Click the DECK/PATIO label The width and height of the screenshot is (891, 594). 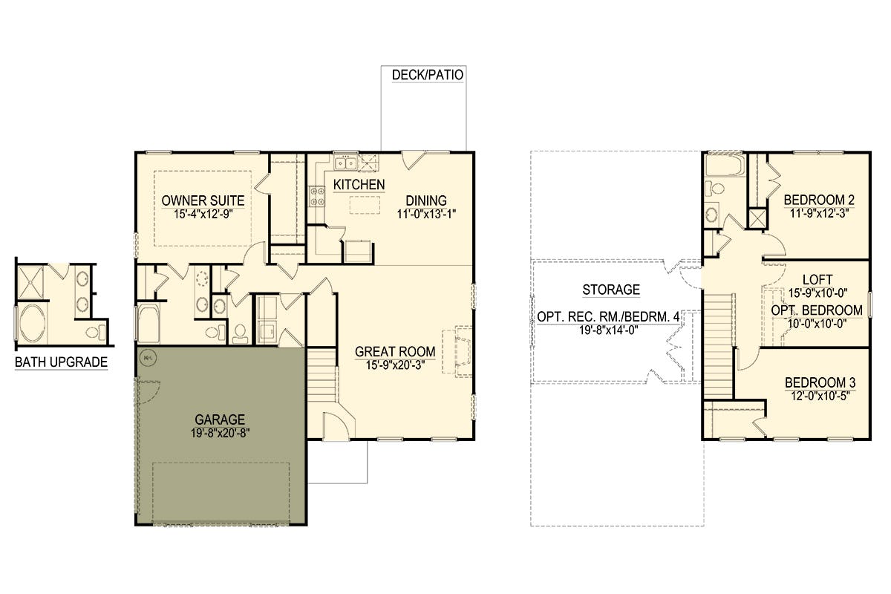(427, 75)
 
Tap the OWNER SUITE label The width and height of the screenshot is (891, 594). (203, 200)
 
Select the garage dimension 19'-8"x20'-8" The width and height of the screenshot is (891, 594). (220, 433)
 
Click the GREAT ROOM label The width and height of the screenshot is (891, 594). (395, 352)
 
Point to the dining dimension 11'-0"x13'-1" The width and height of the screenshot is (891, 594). (426, 214)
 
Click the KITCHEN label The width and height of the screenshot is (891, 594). (359, 185)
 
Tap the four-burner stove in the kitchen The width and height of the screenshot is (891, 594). (317, 197)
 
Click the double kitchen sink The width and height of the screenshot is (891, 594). (345, 163)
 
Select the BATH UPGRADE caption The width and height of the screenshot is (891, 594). (61, 362)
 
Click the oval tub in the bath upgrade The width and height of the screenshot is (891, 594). (33, 324)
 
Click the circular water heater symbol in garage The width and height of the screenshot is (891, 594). (148, 358)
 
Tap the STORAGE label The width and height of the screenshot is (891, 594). (611, 290)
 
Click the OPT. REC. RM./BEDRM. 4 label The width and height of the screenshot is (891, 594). (608, 317)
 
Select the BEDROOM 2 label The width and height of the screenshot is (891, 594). (820, 200)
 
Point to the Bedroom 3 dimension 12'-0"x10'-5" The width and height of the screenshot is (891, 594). (820, 396)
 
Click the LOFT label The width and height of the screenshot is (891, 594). (817, 280)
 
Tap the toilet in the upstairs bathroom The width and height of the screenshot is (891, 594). (714, 188)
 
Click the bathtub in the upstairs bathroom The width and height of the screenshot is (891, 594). (725, 166)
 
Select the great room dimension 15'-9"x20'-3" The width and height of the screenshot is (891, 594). (395, 365)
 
